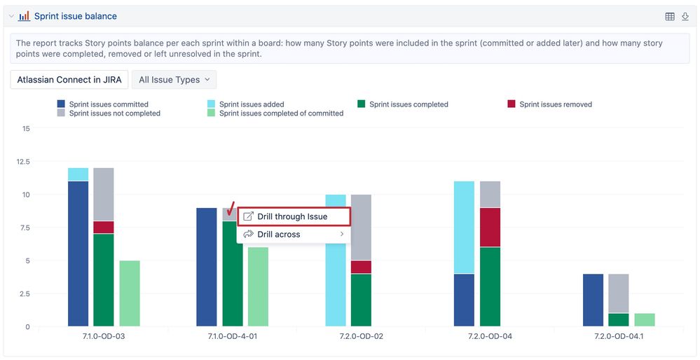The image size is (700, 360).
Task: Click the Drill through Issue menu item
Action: pos(292,216)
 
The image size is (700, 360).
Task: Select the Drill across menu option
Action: pos(279,235)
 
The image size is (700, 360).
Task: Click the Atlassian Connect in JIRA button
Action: pos(69,80)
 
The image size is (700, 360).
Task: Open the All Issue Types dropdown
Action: pos(174,80)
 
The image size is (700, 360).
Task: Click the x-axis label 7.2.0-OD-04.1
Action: pos(619,337)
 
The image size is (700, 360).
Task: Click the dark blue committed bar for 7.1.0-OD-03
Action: pos(78,254)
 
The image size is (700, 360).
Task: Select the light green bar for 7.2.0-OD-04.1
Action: pos(645,319)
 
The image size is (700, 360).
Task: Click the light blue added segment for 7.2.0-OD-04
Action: pos(465,227)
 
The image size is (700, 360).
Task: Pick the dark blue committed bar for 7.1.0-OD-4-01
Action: pos(207,267)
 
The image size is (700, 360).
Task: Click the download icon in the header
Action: pos(685,16)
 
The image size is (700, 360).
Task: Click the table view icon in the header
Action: pos(670,16)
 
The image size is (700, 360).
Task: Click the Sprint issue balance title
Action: pos(76,16)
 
